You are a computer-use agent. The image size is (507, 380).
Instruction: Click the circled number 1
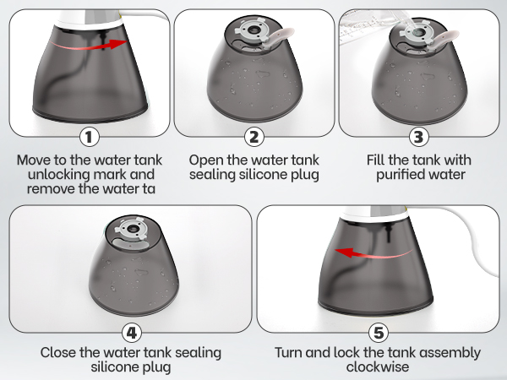(x=90, y=137)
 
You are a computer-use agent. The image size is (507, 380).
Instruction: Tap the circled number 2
(x=254, y=137)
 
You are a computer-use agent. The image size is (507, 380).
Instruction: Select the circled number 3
(x=419, y=137)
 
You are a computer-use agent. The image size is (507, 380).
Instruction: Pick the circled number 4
(x=132, y=333)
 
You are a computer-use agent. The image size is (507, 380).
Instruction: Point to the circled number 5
(x=379, y=333)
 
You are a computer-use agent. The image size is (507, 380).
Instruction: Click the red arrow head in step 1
(x=117, y=44)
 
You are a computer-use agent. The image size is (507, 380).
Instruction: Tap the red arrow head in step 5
(x=345, y=252)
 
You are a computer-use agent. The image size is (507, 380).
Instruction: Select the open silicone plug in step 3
(x=445, y=37)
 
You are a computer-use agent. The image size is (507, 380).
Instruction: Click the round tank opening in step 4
(x=132, y=229)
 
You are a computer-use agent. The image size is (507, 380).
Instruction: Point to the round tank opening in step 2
(x=253, y=30)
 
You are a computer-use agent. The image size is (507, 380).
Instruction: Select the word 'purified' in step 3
(x=397, y=175)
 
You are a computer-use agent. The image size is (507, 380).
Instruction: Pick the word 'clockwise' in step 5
(x=378, y=366)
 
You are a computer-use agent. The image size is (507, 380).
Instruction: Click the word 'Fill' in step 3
(x=376, y=160)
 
